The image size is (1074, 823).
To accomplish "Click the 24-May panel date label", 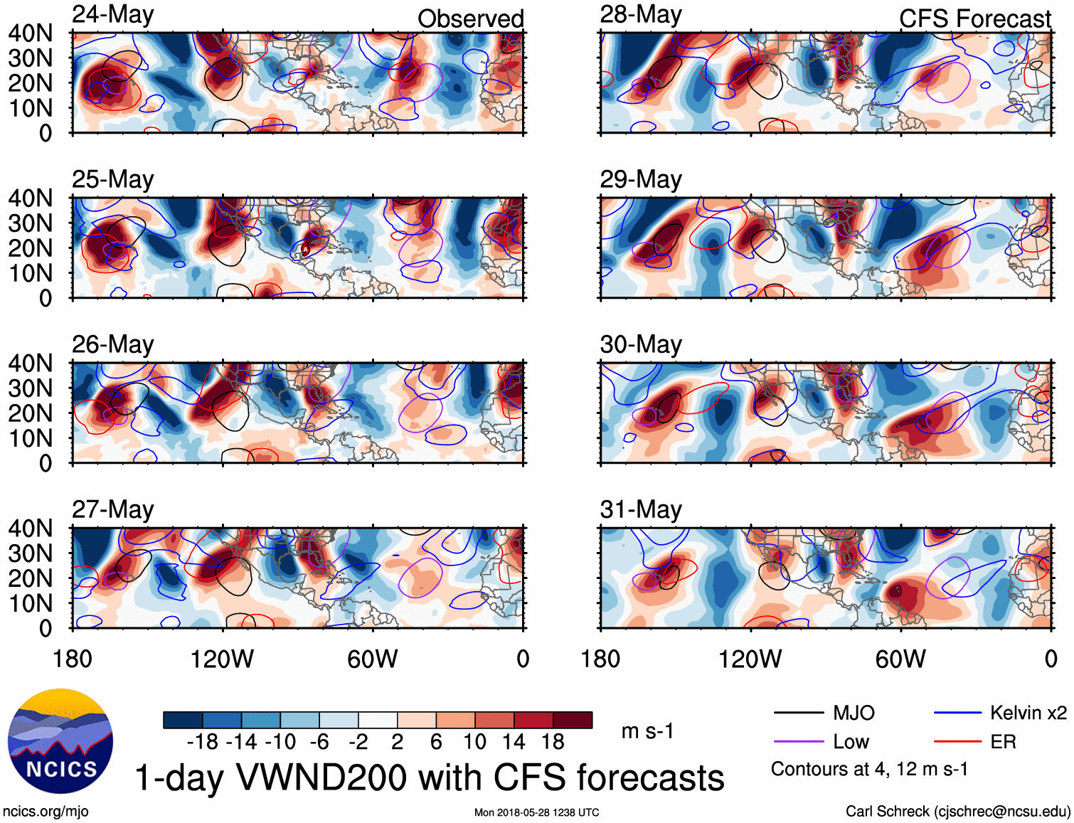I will pyautogui.click(x=113, y=15).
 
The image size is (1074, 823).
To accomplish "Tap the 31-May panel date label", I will pyautogui.click(x=641, y=510).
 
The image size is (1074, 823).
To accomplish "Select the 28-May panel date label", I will pyautogui.click(x=641, y=15).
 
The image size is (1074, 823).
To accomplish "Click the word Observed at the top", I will pyautogui.click(x=470, y=19).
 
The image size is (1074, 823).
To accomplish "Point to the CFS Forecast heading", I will pyautogui.click(x=974, y=19).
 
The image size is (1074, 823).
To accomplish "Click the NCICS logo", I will pyautogui.click(x=60, y=741).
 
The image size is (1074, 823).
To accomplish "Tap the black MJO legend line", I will pyautogui.click(x=798, y=713).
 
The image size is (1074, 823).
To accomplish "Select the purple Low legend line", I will pyautogui.click(x=798, y=742).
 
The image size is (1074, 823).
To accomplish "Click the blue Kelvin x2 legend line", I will pyautogui.click(x=957, y=713).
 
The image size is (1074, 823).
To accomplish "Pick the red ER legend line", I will pyautogui.click(x=957, y=742).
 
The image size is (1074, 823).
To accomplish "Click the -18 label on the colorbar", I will pyautogui.click(x=203, y=742).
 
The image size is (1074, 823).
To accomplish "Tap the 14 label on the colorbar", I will pyautogui.click(x=514, y=742).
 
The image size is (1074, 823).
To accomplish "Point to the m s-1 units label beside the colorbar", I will pyautogui.click(x=647, y=731).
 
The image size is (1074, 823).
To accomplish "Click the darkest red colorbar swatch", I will pyautogui.click(x=573, y=720).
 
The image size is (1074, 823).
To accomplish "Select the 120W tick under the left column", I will pyautogui.click(x=222, y=659).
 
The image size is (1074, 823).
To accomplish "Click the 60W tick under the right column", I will pyautogui.click(x=900, y=659).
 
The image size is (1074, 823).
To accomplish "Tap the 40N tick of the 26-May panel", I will pyautogui.click(x=31, y=363).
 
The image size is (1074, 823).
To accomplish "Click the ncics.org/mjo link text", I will pyautogui.click(x=46, y=812).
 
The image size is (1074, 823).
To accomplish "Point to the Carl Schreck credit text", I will pyautogui.click(x=957, y=812).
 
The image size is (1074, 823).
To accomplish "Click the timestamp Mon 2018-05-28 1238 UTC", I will pyautogui.click(x=536, y=812).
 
